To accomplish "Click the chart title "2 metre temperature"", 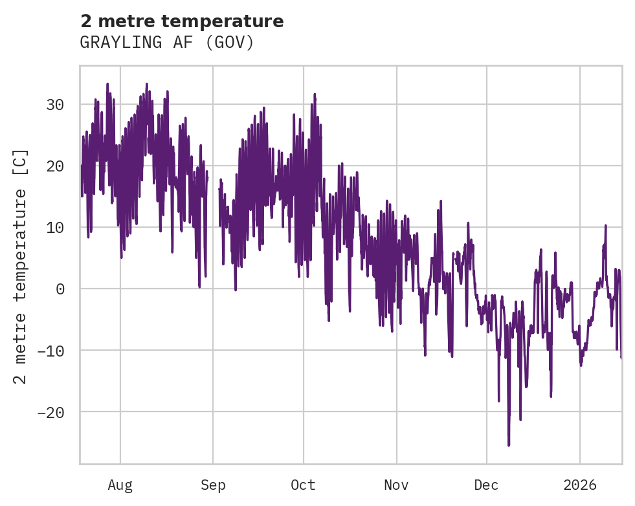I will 182,21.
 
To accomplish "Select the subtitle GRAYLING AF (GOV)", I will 167,43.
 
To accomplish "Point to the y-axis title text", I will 21,266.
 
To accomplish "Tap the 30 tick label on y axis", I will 55,104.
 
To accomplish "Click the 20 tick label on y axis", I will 55,166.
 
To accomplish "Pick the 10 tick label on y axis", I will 55,227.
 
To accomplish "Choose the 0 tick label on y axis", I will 60,289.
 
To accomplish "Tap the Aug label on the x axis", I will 120,485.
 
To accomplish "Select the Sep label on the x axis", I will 213,485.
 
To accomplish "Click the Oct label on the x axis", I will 303,485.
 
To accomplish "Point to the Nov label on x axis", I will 396,485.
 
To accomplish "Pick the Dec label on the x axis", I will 486,485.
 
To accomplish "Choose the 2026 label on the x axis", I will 580,485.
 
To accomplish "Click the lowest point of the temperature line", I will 509,445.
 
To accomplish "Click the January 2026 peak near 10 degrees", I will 605,225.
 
